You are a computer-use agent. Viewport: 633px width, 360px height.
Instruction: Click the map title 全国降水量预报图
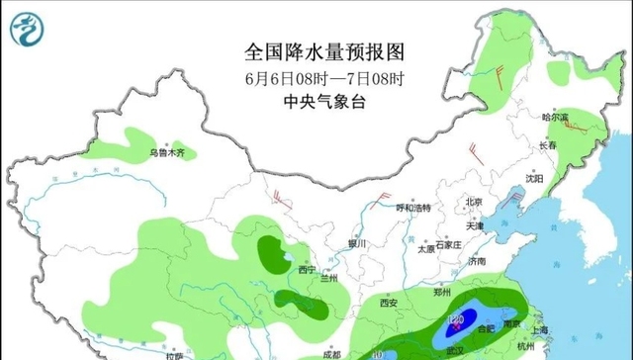tap(324, 50)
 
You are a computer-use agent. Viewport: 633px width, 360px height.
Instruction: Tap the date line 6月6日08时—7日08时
tap(324, 76)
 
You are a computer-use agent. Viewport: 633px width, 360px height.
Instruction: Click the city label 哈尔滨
tap(555, 117)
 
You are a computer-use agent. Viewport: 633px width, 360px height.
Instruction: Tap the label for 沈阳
tap(534, 179)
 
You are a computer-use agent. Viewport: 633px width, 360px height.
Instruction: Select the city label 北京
tap(474, 203)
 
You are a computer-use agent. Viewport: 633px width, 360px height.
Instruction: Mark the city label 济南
tap(478, 262)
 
